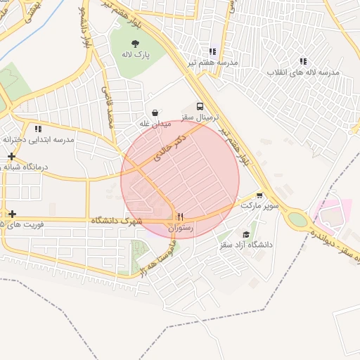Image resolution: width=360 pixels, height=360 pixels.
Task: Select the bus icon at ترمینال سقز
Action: pos(201,106)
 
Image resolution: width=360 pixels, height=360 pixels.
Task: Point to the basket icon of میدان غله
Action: pos(155,112)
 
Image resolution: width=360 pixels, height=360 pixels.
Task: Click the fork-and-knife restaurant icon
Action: pos(180,217)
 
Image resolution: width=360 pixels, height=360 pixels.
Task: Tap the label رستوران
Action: pos(180,228)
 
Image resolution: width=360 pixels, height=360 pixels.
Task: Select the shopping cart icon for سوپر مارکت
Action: pos(259,195)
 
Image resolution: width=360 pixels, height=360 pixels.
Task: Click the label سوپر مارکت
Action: pos(260,206)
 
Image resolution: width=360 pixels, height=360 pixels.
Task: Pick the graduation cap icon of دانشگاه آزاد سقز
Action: pos(245,234)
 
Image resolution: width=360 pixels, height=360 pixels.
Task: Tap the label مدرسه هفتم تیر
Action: pos(212,63)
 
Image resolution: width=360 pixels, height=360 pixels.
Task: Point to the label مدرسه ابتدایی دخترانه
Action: pos(39,139)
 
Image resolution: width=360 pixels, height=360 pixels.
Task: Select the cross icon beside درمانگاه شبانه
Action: pos(12,155)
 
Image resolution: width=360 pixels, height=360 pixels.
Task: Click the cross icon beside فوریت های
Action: pos(12,213)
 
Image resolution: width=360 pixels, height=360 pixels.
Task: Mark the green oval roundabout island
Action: pos(298,219)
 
